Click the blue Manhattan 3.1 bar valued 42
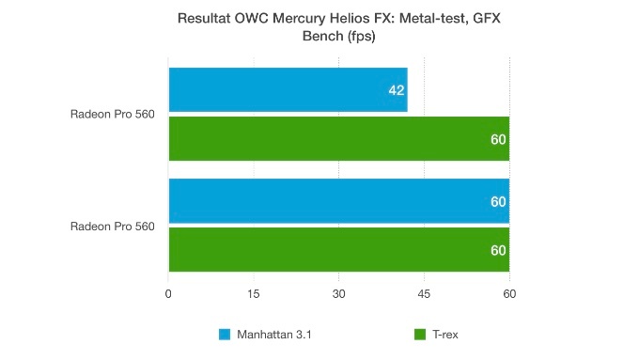pos(288,90)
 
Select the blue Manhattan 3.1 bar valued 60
pos(338,201)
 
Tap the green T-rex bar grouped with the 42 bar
pos(338,138)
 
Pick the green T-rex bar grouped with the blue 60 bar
pos(338,249)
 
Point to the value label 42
pos(396,90)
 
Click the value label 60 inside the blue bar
pos(498,201)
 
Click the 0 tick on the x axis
pos(168,295)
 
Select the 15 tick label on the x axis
pos(253,295)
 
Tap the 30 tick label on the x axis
pos(338,295)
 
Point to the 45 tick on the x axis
pos(424,295)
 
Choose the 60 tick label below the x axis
pos(509,295)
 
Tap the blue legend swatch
pos(224,335)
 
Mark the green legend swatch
pos(419,335)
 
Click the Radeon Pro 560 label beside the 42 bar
pos(112,115)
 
